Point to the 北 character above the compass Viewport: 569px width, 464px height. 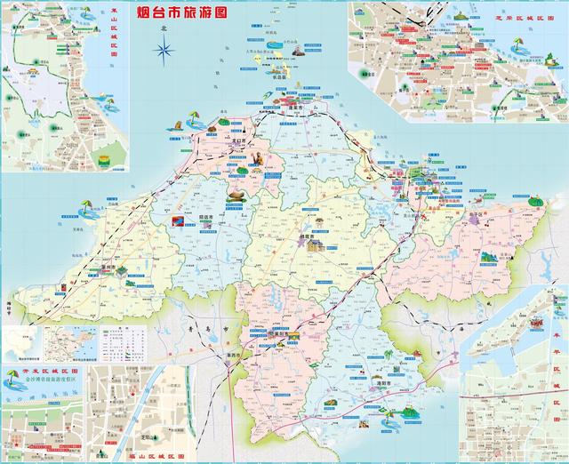pos(164,28)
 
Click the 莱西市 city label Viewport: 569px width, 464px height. pos(235,359)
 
